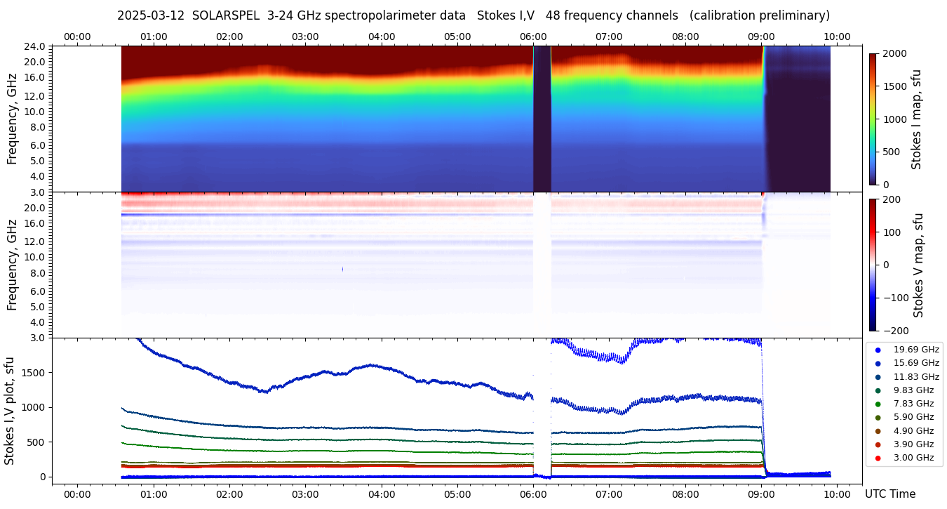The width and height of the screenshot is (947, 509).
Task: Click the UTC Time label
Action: click(889, 494)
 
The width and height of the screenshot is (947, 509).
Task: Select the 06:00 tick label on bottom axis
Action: click(533, 494)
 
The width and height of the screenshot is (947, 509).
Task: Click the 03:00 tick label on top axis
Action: click(305, 37)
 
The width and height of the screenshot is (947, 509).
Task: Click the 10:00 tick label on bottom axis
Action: click(838, 494)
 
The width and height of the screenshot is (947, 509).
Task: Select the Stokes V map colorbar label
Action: click(919, 265)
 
